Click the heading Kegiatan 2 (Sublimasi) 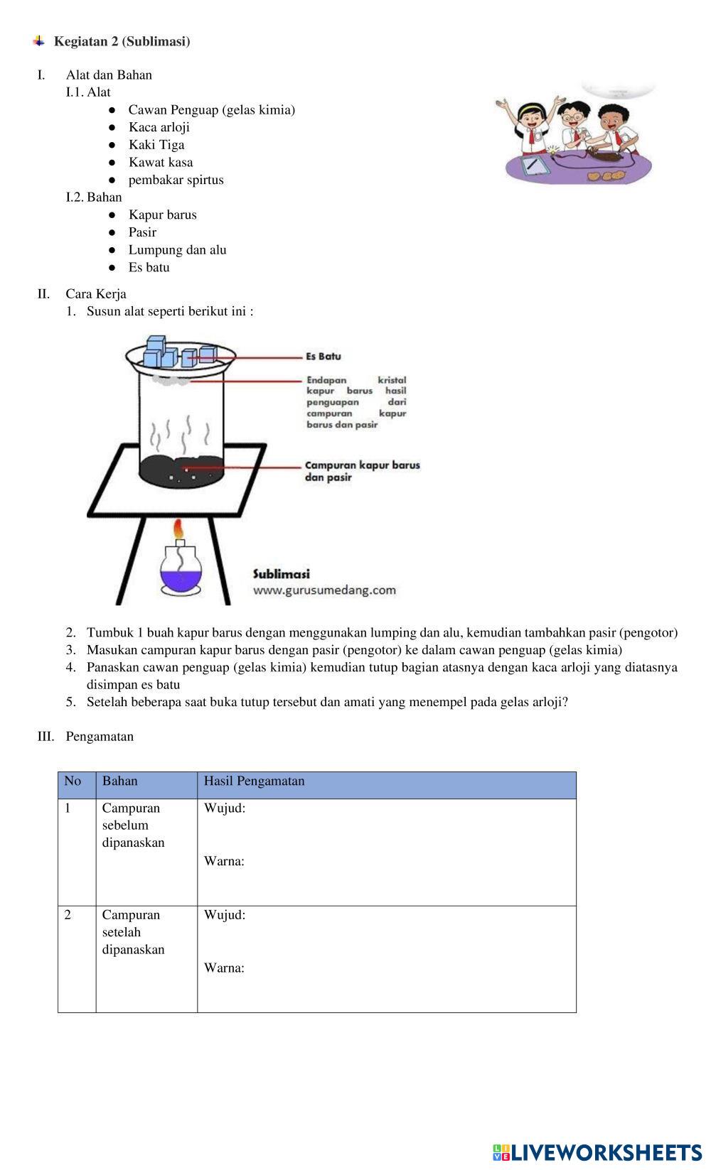(x=122, y=42)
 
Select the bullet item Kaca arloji (x=159, y=127)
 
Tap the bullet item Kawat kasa (x=160, y=162)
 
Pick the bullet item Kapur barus (x=162, y=215)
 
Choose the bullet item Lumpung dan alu (x=177, y=249)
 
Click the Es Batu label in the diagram (x=324, y=356)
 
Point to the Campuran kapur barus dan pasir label (x=362, y=471)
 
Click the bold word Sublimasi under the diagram (x=282, y=574)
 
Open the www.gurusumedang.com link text (x=324, y=590)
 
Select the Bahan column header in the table (x=120, y=781)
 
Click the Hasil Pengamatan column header (x=254, y=781)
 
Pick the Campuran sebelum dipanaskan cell (x=133, y=825)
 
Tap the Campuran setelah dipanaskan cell (x=133, y=932)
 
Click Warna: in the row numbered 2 (x=224, y=968)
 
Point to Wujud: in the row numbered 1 (x=225, y=808)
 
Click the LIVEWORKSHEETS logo (x=597, y=1152)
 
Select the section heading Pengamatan (x=100, y=737)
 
